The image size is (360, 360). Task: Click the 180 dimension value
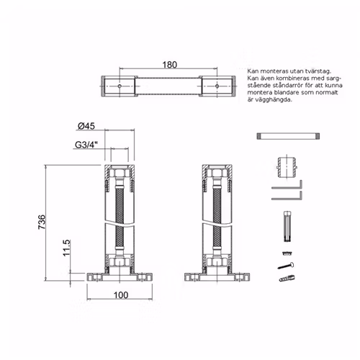pyautogui.click(x=170, y=65)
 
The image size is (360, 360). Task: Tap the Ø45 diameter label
pyautogui.click(x=86, y=126)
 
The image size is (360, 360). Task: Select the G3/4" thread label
pyautogui.click(x=86, y=145)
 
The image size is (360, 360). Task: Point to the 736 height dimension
pyautogui.click(x=42, y=222)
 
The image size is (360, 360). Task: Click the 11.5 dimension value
pyautogui.click(x=66, y=248)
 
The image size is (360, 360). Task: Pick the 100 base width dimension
pyautogui.click(x=121, y=295)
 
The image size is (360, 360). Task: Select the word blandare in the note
pyautogui.click(x=276, y=93)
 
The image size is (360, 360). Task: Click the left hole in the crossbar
pyautogui.click(x=120, y=86)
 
